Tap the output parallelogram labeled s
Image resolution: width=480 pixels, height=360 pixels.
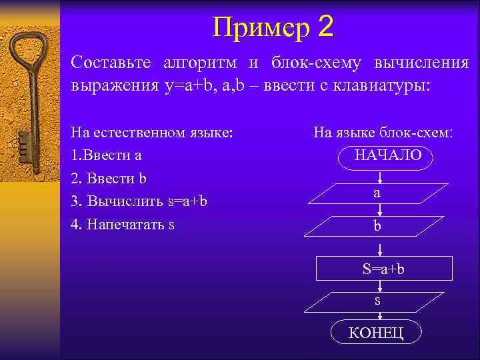pos(377,302)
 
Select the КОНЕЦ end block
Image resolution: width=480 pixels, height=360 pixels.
pos(376,333)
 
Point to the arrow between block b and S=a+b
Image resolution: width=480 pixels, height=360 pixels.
pos(379,250)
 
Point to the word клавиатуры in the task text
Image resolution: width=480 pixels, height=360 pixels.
pos(422,85)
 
